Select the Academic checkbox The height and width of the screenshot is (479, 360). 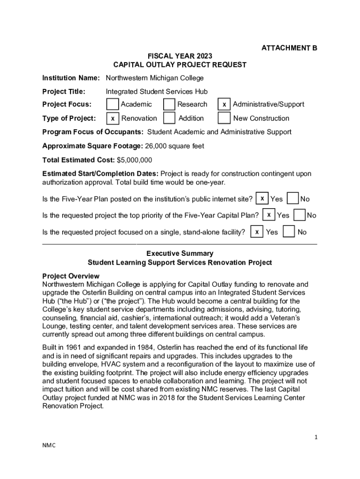tap(112, 104)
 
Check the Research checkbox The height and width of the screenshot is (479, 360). tap(169, 104)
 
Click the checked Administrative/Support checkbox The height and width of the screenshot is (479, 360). tap(224, 105)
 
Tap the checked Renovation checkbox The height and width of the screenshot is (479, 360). tap(112, 118)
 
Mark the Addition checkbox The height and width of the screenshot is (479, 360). tap(169, 118)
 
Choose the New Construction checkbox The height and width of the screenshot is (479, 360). tap(224, 118)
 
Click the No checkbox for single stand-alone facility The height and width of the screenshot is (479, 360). tap(289, 232)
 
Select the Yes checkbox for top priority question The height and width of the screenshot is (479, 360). tap(268, 215)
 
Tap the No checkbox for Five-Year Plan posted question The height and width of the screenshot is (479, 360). tap(293, 198)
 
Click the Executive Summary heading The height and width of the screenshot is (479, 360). tap(180, 254)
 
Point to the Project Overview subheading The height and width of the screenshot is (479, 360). tap(71, 276)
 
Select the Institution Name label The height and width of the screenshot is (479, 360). tap(71, 78)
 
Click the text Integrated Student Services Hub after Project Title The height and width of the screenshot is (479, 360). tap(157, 91)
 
